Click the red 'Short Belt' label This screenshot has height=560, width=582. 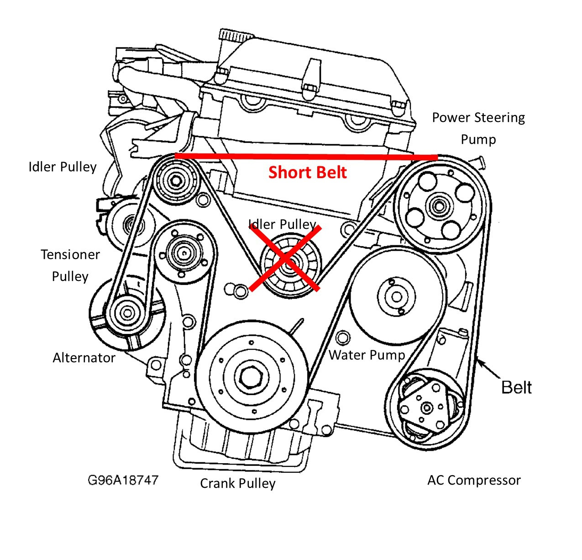307,172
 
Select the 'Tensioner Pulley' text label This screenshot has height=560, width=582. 70,265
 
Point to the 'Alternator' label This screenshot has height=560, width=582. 84,358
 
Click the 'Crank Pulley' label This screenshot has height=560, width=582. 238,483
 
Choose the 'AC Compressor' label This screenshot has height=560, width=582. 474,481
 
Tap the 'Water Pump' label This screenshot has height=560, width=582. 367,355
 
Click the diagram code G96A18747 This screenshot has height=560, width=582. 123,480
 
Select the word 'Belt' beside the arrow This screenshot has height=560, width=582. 516,387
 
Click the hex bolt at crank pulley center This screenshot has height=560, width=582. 250,377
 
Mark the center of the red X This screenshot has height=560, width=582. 285,259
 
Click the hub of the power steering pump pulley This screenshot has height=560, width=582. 440,205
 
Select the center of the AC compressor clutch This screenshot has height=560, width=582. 427,407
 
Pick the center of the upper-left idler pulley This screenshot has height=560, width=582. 174,181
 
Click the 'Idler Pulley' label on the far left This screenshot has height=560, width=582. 63,167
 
